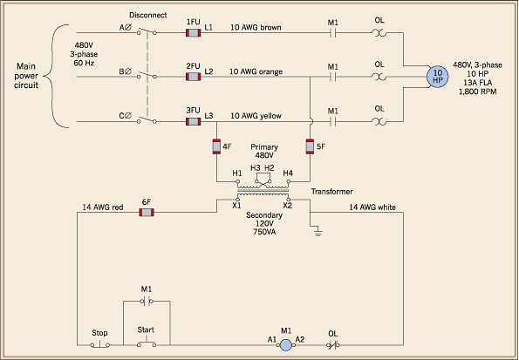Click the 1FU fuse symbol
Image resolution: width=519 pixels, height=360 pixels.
click(194, 33)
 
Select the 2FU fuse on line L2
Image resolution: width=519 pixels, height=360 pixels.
click(194, 77)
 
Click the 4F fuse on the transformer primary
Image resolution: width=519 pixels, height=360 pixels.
click(216, 146)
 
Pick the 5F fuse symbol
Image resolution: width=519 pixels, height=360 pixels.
click(310, 146)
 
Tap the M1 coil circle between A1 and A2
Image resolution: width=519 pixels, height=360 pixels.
click(284, 345)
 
